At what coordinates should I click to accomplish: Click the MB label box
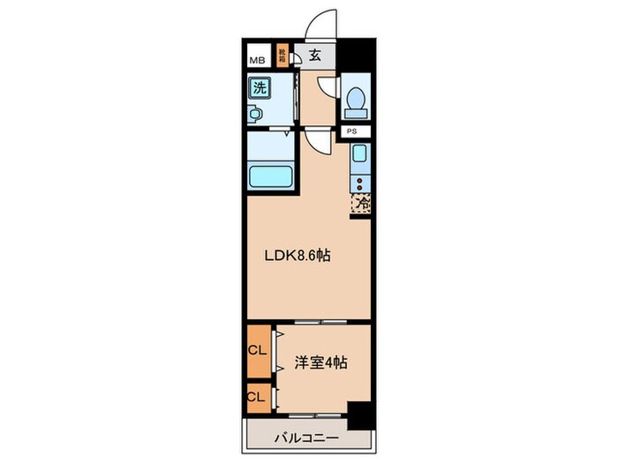(x=257, y=60)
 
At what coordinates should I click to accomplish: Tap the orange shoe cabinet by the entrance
(x=283, y=57)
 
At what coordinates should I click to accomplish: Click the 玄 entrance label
(x=316, y=56)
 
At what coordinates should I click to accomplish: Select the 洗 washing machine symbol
(x=260, y=87)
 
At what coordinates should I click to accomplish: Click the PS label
(x=352, y=131)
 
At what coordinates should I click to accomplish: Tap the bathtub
(x=274, y=176)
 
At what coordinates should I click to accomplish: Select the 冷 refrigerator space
(x=361, y=203)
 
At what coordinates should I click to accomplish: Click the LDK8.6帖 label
(x=299, y=256)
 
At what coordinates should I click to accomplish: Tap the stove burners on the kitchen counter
(x=360, y=183)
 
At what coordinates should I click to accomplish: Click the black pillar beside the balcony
(x=358, y=412)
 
